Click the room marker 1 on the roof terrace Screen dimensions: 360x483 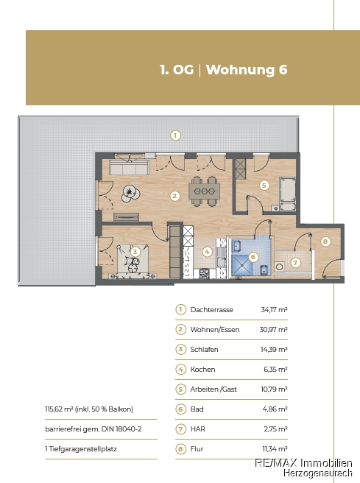[x=175, y=135]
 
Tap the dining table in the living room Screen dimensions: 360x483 [x=204, y=191]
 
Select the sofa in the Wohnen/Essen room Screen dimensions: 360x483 [x=130, y=168]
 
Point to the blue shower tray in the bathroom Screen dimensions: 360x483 [x=242, y=265]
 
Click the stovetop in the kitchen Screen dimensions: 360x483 [x=204, y=274]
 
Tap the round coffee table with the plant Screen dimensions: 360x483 [x=130, y=193]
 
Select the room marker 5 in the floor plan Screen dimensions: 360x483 [x=264, y=186]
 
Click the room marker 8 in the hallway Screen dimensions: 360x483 [x=325, y=241]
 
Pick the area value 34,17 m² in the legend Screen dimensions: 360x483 [x=274, y=309]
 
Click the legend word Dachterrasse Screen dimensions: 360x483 [x=211, y=309]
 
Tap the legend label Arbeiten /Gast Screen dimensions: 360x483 [x=213, y=389]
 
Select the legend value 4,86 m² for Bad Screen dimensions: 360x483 [x=275, y=409]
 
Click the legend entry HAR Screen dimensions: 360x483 [x=198, y=429]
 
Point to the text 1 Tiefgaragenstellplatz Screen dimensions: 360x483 [x=81, y=449]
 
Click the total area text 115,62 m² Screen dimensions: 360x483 [x=59, y=409]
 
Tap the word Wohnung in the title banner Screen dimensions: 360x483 [x=240, y=70]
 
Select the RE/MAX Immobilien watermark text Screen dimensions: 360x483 [x=303, y=462]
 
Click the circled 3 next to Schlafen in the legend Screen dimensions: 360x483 [x=180, y=349]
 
